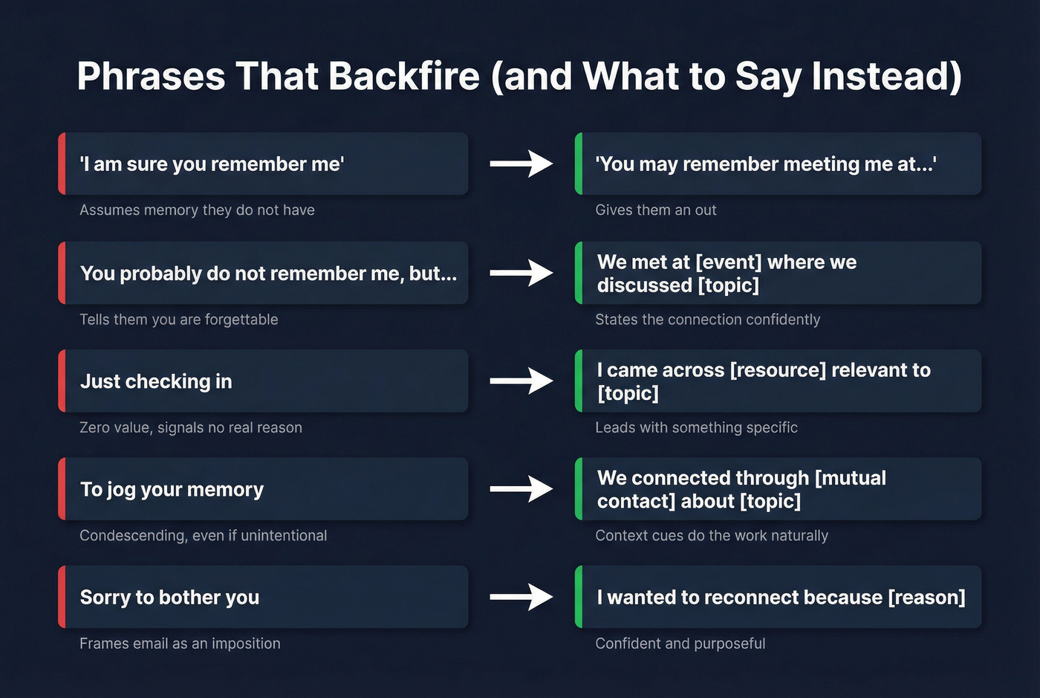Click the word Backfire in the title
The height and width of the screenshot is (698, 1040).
point(404,76)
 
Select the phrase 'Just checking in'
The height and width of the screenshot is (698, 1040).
point(156,381)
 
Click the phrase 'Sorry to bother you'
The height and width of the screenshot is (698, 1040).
point(169,598)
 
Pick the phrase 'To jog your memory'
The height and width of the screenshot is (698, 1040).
point(172,490)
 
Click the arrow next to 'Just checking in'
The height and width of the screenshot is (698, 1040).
point(521,381)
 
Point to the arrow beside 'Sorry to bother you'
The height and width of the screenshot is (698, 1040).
point(521,596)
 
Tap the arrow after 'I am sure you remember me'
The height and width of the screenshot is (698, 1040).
point(521,164)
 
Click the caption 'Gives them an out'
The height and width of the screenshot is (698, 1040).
point(656,210)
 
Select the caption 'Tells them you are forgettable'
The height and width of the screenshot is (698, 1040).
point(179,320)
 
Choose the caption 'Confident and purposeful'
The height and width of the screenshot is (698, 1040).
point(680,644)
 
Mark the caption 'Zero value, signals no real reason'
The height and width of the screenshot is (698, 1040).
point(191,427)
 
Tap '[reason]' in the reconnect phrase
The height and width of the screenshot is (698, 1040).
point(926,598)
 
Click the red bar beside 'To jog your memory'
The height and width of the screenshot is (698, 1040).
point(62,489)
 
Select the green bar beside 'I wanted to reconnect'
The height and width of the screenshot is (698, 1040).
point(579,597)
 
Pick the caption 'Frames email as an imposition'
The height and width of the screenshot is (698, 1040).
point(180,644)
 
